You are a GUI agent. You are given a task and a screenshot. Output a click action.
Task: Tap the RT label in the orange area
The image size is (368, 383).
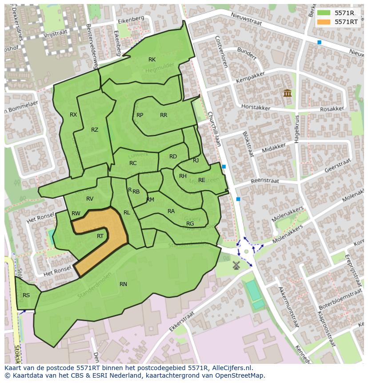point(100,236)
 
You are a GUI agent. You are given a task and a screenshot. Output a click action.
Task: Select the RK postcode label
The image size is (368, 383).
point(152,60)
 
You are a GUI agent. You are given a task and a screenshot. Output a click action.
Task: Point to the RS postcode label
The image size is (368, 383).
point(26,295)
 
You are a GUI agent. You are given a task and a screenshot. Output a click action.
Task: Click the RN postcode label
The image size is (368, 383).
point(123,284)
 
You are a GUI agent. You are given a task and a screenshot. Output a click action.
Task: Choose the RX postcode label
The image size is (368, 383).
point(73,115)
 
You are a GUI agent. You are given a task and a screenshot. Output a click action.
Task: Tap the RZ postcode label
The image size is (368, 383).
point(95,130)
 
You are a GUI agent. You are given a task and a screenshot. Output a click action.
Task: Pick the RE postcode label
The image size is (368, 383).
point(202,180)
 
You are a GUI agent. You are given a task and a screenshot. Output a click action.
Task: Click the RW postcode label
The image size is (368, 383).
point(76,214)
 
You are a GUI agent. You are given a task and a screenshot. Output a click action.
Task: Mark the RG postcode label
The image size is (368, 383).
point(190,224)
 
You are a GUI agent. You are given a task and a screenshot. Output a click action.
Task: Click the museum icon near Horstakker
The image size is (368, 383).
point(287,93)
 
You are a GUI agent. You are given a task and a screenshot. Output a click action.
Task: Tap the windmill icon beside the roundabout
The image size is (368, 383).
point(236,265)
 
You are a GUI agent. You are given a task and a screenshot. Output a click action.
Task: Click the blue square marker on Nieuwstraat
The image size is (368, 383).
point(319,42)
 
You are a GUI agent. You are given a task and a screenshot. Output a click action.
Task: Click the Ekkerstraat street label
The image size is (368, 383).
point(182,324)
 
